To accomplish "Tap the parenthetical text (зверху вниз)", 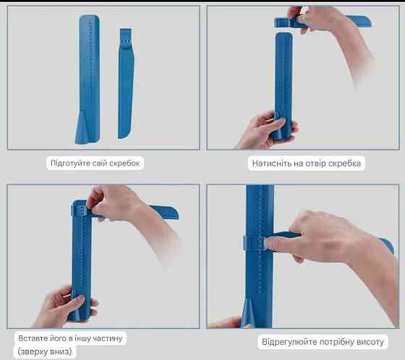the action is (x=45, y=351).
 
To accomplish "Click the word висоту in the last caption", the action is (x=370, y=342).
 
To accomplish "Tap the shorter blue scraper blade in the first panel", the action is (x=126, y=83).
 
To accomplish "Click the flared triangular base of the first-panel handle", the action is (x=82, y=128).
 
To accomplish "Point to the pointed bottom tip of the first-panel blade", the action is (x=121, y=137).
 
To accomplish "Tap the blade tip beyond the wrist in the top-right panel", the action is (x=362, y=21).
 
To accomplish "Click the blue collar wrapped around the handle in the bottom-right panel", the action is (x=255, y=244).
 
